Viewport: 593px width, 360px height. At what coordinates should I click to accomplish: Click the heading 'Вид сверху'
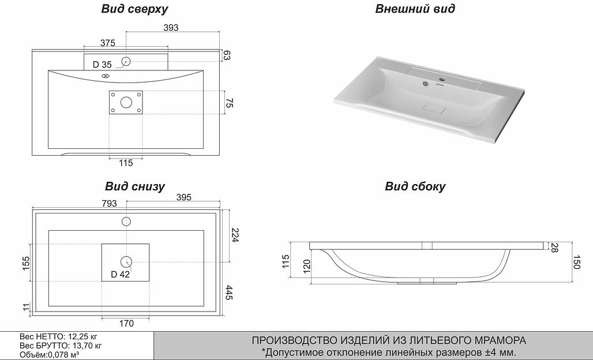(134, 9)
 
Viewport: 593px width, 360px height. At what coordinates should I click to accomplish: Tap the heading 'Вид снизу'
(135, 186)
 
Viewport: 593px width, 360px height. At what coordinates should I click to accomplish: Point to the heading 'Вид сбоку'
(415, 186)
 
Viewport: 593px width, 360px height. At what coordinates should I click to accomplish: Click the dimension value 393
(171, 28)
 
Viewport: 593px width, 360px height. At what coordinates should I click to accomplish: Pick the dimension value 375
(108, 43)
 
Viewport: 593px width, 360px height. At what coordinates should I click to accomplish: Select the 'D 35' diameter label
(102, 65)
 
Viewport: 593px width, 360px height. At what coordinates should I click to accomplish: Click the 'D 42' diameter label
(120, 274)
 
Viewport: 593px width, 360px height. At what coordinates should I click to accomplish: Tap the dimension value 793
(109, 203)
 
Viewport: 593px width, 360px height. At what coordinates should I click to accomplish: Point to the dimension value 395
(183, 197)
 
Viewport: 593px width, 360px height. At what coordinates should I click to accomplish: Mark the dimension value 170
(126, 323)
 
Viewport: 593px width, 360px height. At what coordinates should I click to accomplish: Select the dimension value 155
(25, 263)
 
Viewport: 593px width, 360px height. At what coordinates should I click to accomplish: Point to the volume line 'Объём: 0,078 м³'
(49, 354)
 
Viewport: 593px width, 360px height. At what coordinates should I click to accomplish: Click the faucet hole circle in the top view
(126, 61)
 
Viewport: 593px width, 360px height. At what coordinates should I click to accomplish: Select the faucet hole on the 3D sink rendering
(443, 80)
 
